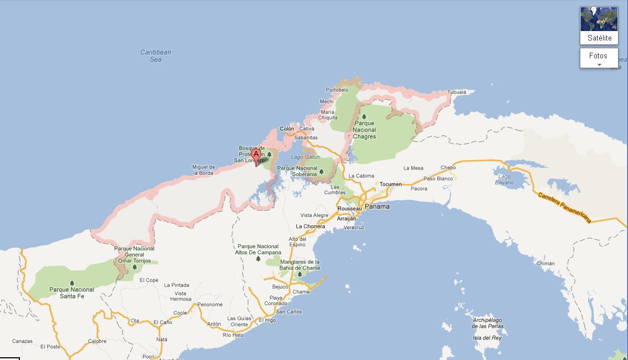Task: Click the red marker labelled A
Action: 256,155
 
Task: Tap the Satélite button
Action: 599,26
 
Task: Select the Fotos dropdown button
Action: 599,58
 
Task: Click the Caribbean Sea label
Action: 156,56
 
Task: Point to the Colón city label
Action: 287,129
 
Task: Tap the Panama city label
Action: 377,206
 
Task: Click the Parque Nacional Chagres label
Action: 364,130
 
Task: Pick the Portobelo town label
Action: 337,90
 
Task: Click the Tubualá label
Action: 457,92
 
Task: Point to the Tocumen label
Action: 391,184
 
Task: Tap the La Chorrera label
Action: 310,226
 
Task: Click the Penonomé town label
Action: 210,305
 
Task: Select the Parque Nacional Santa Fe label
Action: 72,293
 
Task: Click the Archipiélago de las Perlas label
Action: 487,323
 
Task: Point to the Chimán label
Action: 545,263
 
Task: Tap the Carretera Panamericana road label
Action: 564,207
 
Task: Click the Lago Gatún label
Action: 305,157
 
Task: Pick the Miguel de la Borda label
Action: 203,170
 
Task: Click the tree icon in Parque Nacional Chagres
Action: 364,116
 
